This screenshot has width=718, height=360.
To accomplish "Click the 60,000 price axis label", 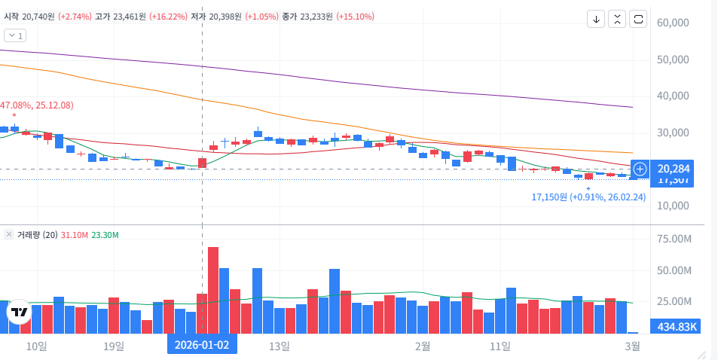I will coord(674,23).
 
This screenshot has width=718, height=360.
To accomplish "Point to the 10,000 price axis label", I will coord(674,206).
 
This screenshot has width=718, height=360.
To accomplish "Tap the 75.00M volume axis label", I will coord(674,239).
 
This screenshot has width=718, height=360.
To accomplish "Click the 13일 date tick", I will coord(279,346).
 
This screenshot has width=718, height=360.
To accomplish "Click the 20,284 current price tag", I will coord(674,168).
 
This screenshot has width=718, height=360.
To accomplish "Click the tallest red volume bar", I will coord(213,290).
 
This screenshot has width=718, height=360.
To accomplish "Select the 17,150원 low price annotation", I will coord(588,197).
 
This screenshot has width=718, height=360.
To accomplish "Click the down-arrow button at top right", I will coord(597,20).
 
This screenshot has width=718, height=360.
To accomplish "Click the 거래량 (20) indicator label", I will coord(38,235).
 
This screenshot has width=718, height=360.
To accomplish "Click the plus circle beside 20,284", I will coord(640,169).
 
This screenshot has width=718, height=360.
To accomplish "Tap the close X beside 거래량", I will coord(9,235).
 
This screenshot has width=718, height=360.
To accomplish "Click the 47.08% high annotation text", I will coord(37,105).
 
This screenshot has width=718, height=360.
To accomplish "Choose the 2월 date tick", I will coord(422,346).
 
